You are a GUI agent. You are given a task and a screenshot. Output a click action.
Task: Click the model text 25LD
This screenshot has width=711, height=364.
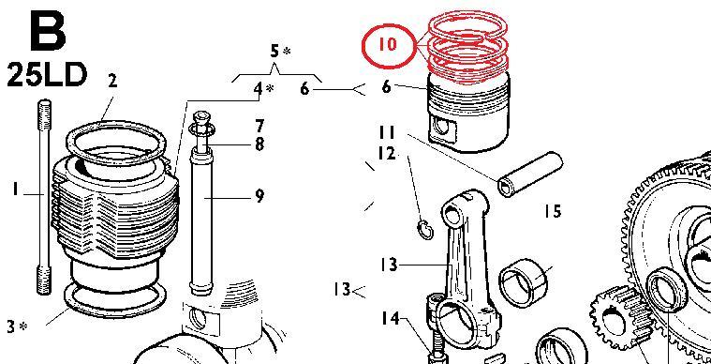[x=46, y=75]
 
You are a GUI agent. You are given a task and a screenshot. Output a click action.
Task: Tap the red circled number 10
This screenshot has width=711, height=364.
[x=388, y=44]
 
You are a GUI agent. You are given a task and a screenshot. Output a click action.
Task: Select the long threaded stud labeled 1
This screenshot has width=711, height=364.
[x=44, y=197]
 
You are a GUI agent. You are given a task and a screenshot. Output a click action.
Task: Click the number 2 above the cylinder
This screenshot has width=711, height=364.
[x=112, y=81]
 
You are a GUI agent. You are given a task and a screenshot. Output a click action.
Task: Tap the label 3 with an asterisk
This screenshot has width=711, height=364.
[x=17, y=326]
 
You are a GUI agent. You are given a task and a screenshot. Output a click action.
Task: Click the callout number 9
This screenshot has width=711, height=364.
[x=259, y=196]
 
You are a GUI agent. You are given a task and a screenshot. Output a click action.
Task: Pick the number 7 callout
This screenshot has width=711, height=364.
[x=259, y=126]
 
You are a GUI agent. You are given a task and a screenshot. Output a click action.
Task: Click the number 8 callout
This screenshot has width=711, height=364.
[x=259, y=144]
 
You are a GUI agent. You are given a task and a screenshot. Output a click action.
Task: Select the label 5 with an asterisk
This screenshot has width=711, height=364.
[x=280, y=52]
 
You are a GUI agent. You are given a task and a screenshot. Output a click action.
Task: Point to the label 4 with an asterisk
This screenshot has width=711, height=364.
[x=263, y=88]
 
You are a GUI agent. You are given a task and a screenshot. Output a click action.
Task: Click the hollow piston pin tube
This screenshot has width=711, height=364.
[x=530, y=174]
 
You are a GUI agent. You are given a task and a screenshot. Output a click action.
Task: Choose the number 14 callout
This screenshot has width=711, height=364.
[x=391, y=319]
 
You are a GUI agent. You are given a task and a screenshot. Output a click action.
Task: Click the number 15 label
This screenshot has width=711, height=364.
[x=553, y=211]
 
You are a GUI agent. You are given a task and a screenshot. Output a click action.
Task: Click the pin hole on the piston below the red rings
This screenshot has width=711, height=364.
[x=440, y=126]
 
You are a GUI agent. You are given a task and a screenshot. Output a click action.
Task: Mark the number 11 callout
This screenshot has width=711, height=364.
[x=387, y=132]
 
